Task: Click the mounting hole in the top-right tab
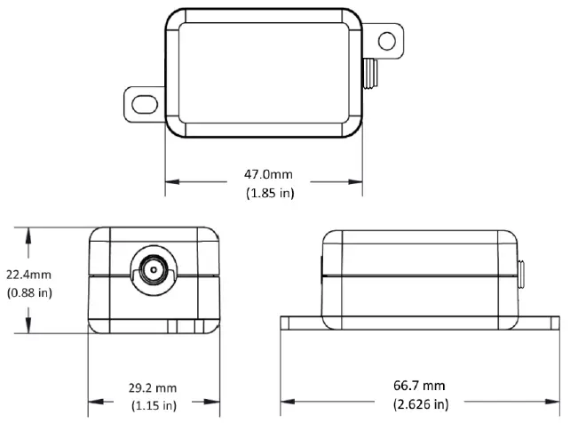385,41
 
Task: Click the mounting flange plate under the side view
421,323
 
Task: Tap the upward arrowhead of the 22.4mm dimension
31,233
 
